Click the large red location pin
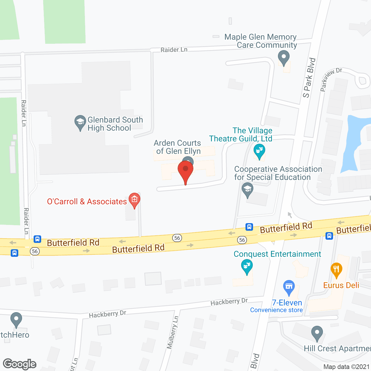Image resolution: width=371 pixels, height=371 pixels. click(185, 170)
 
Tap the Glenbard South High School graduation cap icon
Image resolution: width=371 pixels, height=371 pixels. click(80, 122)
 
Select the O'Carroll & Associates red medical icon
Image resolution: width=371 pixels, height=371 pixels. click(134, 200)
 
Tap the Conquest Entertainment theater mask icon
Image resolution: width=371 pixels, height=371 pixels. click(247, 266)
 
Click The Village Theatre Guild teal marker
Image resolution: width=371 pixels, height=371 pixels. click(259, 151)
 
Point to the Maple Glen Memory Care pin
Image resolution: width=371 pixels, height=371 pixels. click(283, 57)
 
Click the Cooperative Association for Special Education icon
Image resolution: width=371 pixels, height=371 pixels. click(247, 189)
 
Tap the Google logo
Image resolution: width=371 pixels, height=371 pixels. click(20, 364)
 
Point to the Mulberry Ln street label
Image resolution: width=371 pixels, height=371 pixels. click(173, 332)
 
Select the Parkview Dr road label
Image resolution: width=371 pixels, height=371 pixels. click(331, 79)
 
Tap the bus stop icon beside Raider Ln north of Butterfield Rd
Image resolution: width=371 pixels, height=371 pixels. click(37, 239)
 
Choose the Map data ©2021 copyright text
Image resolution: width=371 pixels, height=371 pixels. click(346, 367)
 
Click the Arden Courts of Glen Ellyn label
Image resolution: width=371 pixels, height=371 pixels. click(178, 147)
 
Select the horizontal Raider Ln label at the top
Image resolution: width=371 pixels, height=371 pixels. click(174, 50)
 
